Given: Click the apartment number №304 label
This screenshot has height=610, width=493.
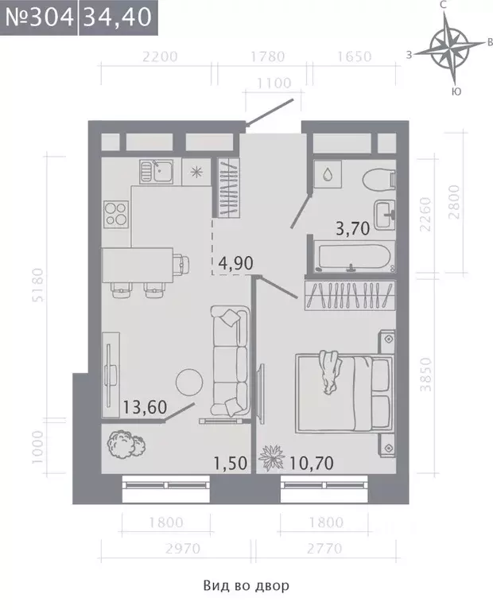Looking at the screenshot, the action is coord(39,17).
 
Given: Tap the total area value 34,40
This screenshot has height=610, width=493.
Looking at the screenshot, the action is coord(118,17).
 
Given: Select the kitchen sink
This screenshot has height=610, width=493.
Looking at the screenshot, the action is coord(157,172).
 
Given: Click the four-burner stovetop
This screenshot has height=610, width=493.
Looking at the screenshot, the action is coord(116,214).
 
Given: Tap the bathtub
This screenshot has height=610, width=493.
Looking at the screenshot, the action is coord(355,256).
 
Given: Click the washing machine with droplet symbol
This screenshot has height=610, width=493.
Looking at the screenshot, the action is coord(328,175).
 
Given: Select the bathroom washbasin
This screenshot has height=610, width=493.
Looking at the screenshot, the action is coord(385,215).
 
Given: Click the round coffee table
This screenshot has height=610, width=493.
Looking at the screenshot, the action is coord(189,383).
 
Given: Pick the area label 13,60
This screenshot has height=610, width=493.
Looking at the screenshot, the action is coord(145,407).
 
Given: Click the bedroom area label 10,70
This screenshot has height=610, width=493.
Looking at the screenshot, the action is coord(311,463).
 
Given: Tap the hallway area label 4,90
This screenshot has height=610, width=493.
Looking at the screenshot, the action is coord(236,263).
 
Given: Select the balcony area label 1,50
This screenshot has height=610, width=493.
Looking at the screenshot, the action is coord(231,463).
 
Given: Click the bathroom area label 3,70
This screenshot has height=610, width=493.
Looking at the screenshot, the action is coord(352,228).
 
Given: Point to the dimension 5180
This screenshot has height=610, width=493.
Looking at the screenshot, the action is coord(38,285).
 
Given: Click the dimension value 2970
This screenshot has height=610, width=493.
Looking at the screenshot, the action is coord(183,549).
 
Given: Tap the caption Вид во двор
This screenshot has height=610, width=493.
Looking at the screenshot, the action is coord(246,585).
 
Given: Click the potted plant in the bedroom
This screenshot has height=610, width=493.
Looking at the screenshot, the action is coord(272,457).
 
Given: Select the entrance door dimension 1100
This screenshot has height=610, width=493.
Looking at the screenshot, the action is coord(274,83).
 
